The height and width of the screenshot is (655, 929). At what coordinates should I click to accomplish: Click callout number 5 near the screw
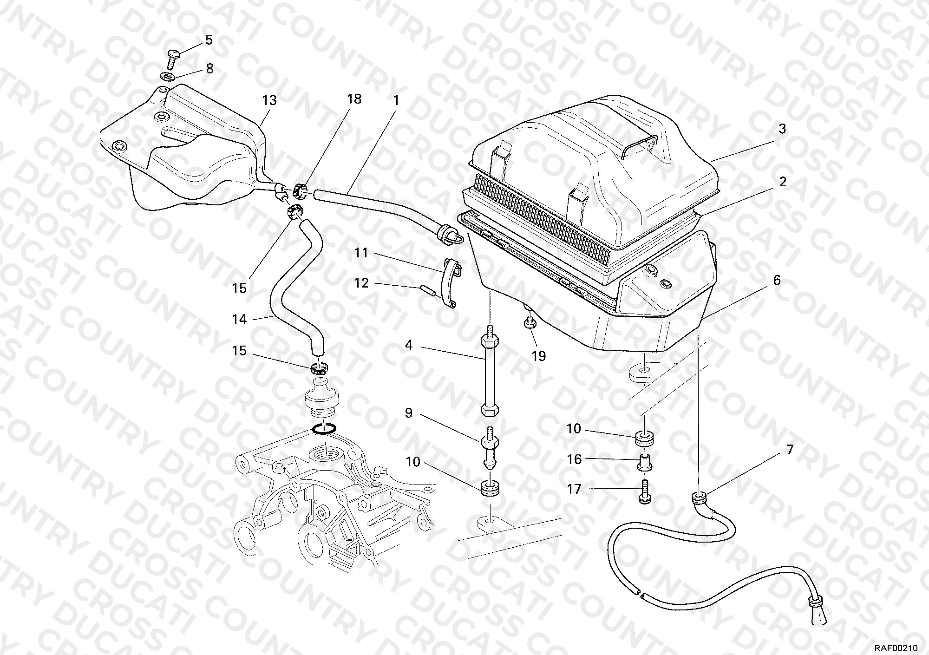[x=209, y=40]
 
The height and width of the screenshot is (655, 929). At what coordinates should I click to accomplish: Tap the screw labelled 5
[x=173, y=59]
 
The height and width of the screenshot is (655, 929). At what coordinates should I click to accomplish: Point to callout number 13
[x=269, y=100]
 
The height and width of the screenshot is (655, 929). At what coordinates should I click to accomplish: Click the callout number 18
[x=354, y=99]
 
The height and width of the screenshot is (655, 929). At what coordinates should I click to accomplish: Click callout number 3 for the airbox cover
[x=782, y=129]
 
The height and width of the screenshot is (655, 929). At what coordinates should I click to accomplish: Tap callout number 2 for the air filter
[x=783, y=182]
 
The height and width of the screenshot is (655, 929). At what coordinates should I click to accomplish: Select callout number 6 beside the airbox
[x=777, y=280]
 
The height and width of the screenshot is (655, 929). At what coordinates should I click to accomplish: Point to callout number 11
[x=361, y=253]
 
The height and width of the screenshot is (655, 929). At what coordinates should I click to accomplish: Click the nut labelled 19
[x=529, y=323]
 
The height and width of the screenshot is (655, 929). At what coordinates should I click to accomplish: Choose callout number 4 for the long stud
[x=409, y=346]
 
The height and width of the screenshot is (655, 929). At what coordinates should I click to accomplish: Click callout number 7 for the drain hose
[x=789, y=450]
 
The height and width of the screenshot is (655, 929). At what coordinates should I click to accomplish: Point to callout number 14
[x=239, y=319]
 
